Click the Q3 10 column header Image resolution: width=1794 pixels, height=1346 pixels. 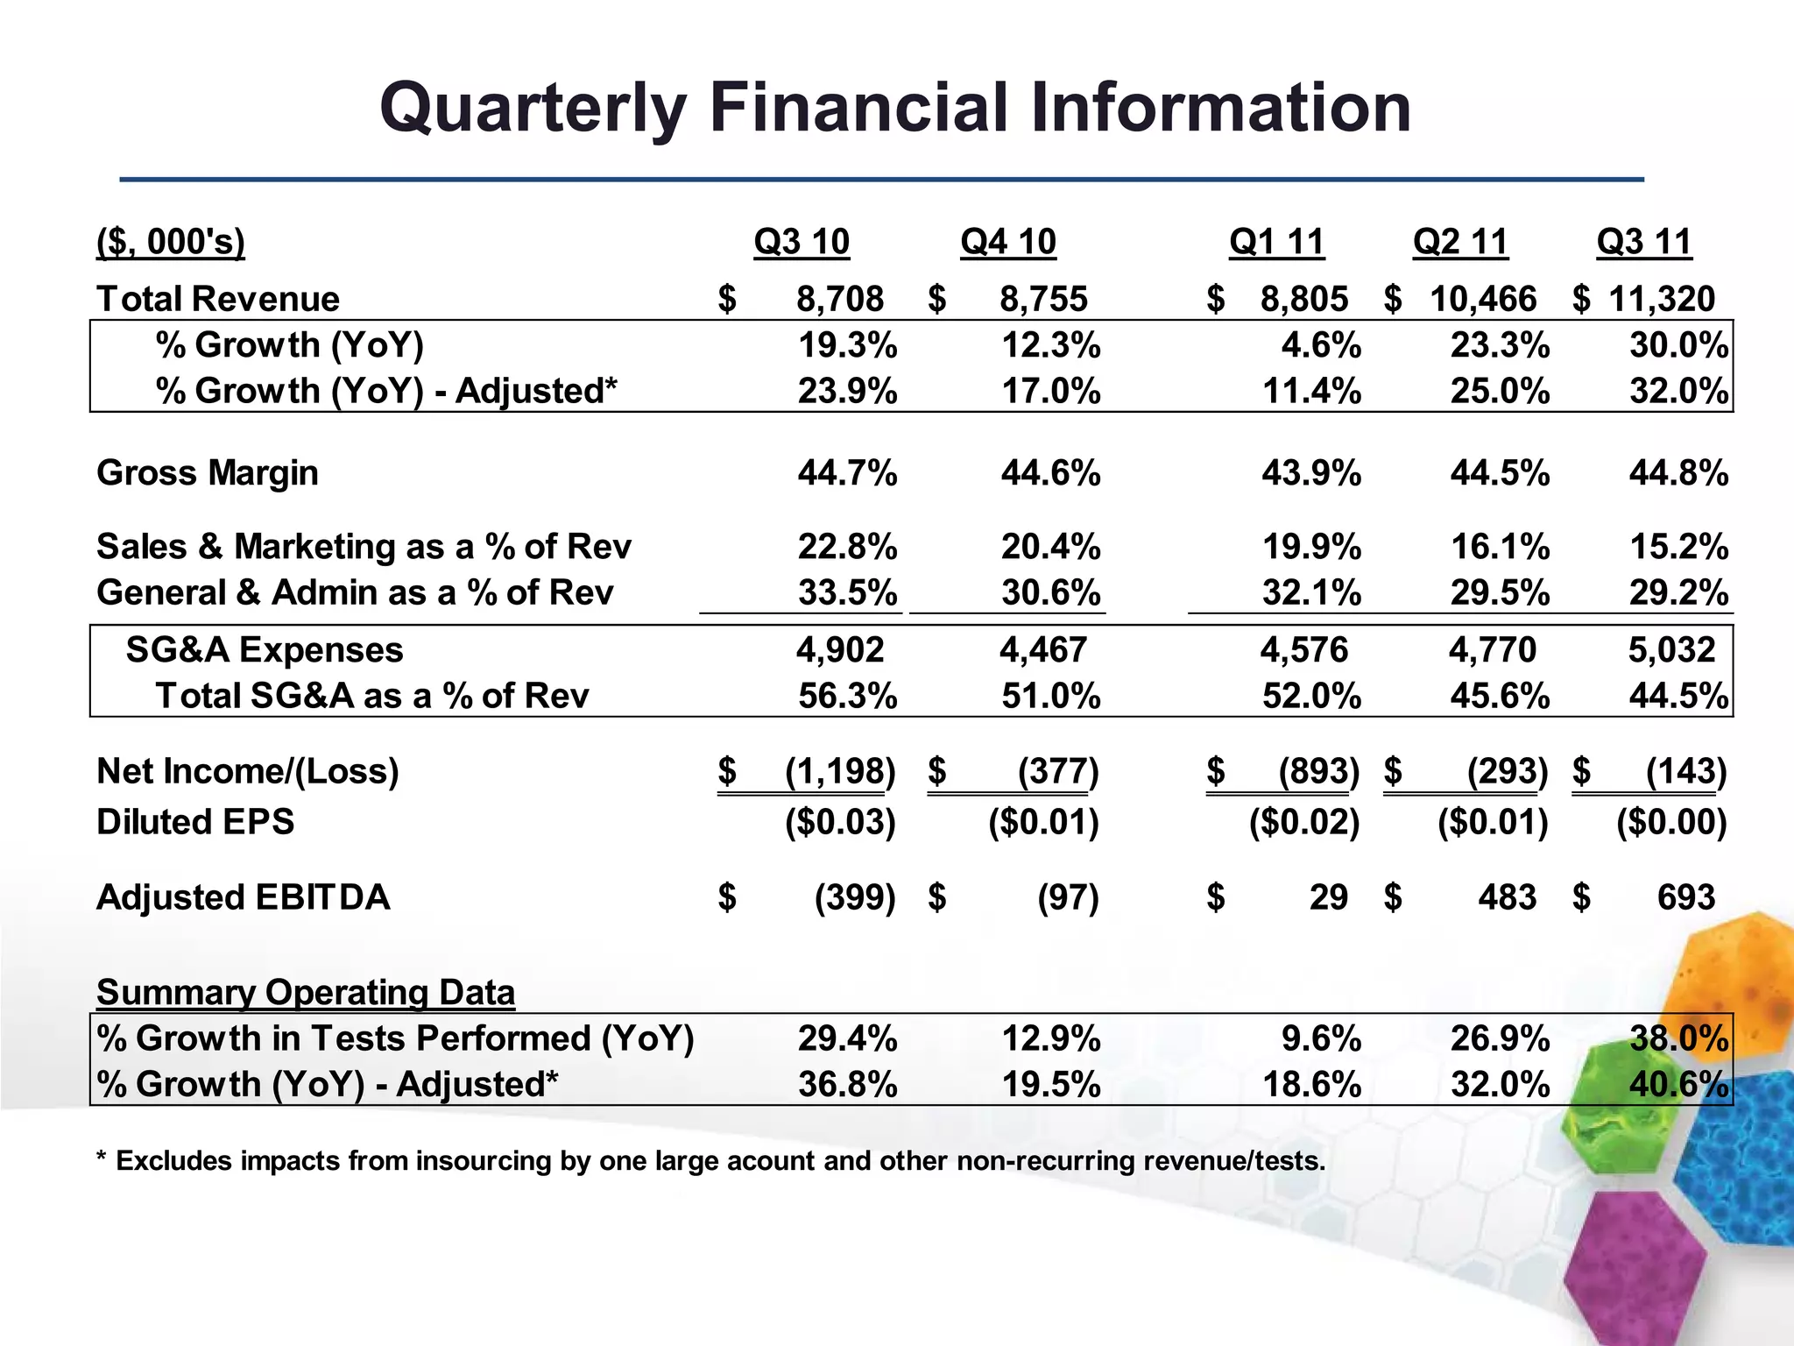pos(802,242)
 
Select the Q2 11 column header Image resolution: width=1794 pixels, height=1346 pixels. pos(1460,242)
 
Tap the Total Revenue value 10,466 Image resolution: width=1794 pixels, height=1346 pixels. pos(1483,299)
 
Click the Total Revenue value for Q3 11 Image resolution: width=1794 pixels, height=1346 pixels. pos(1661,299)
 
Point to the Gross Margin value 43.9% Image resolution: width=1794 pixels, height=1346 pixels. pos(1311,473)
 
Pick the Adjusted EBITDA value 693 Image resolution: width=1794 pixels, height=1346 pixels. pos(1685,897)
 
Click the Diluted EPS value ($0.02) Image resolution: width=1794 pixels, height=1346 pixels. pos(1304,822)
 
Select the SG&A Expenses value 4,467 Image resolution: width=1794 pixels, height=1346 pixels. pos(1043,650)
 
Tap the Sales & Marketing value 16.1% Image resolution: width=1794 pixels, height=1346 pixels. pos(1500,547)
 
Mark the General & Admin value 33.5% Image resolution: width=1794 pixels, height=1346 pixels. pos(847,593)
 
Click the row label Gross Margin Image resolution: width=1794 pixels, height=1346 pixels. pos(208,473)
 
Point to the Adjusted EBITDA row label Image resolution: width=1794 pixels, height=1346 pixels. pos(244,897)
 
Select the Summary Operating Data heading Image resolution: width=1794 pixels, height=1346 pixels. pos(306,993)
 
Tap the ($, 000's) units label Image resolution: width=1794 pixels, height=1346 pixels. pos(171,242)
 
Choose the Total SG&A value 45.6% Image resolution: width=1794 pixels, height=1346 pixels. pos(1500,697)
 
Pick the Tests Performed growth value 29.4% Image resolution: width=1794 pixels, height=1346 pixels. pos(847,1039)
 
